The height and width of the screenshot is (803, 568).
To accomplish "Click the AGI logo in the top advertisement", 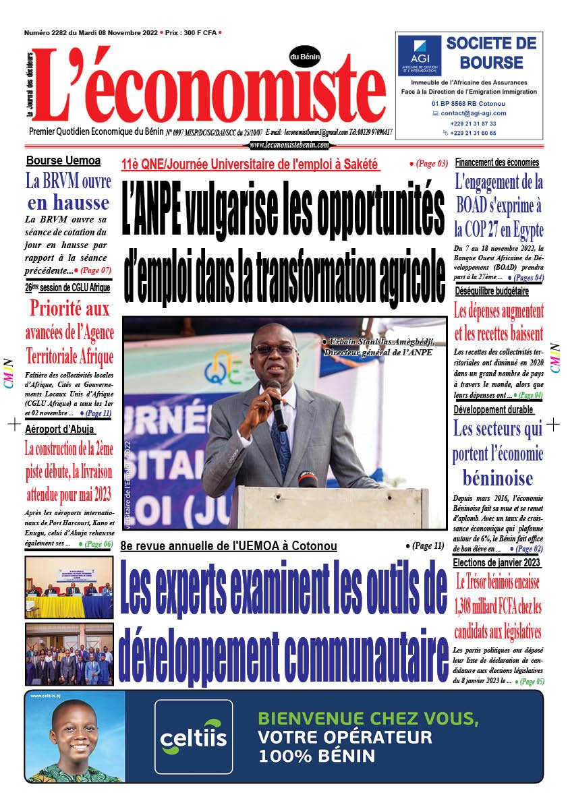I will pyautogui.click(x=419, y=55).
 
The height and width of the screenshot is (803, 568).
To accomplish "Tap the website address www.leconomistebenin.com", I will pyautogui.click(x=289, y=145).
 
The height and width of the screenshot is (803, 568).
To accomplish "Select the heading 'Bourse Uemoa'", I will pyautogui.click(x=63, y=160).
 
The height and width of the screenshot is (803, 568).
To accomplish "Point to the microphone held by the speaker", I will pyautogui.click(x=277, y=405).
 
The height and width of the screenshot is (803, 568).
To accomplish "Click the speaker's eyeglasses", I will pyautogui.click(x=274, y=350).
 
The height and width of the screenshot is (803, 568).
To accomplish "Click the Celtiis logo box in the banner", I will pyautogui.click(x=194, y=736).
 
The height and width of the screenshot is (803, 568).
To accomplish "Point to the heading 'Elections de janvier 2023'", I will pyautogui.click(x=496, y=562).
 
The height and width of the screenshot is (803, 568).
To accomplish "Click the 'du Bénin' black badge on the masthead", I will pyautogui.click(x=305, y=57).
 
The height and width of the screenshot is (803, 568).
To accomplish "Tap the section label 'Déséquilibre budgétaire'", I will pyautogui.click(x=492, y=291).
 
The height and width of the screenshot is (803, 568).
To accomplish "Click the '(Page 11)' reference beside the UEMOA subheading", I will pyautogui.click(x=428, y=545).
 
